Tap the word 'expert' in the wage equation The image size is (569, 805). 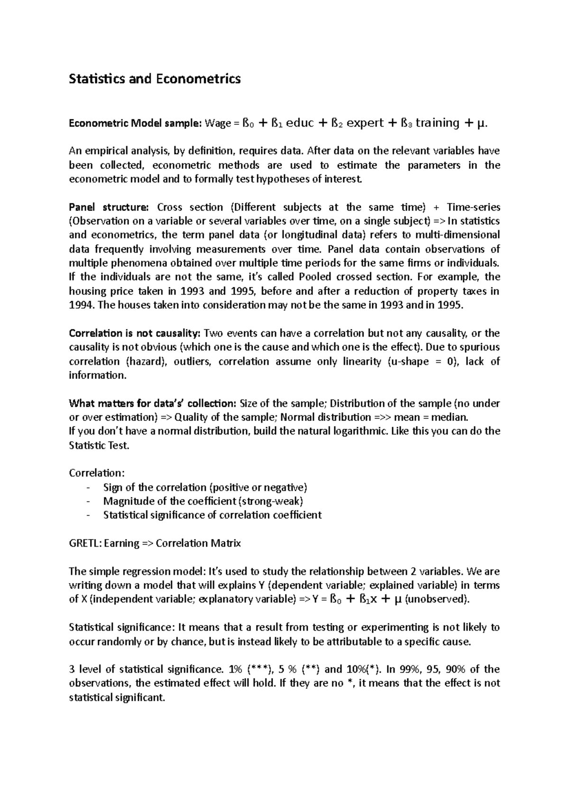365,123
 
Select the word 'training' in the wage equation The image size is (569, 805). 437,123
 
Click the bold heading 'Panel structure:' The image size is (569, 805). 109,207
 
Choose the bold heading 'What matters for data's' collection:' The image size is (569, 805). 152,403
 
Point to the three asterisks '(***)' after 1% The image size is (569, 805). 258,669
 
